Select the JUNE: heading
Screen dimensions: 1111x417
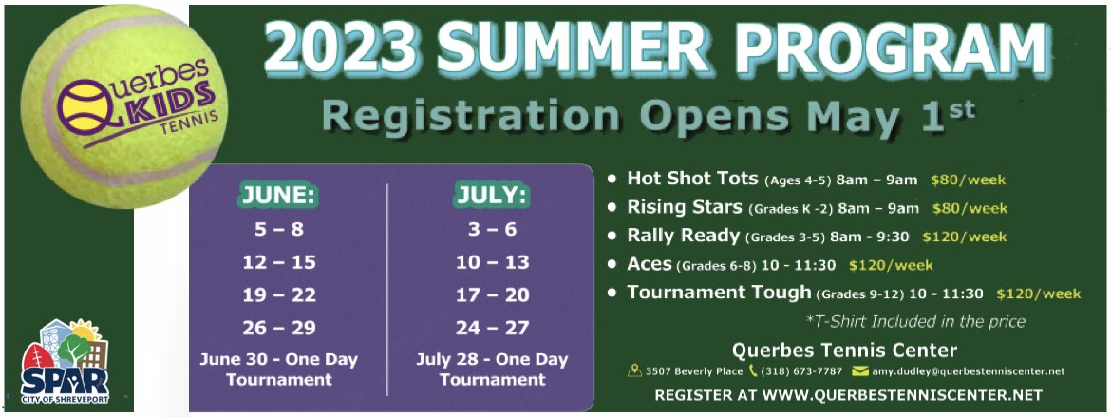[x=279, y=197]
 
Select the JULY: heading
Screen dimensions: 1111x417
[x=492, y=197]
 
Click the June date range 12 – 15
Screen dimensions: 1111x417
[x=279, y=262]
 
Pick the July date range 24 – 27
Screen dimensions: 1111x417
[x=493, y=328]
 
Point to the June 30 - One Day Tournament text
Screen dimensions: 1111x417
[x=279, y=369]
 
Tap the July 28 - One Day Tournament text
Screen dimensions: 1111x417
[x=492, y=369]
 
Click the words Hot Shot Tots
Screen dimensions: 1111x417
[x=692, y=179]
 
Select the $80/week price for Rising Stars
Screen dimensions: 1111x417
[x=970, y=209]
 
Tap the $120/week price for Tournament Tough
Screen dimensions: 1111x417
[x=1039, y=294]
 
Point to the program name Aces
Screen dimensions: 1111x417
[x=649, y=264]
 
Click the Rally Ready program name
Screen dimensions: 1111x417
[x=683, y=237]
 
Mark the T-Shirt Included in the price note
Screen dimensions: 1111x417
[x=915, y=321]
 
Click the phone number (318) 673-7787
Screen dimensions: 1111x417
[x=801, y=370]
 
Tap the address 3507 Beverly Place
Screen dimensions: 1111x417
[x=694, y=370]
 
